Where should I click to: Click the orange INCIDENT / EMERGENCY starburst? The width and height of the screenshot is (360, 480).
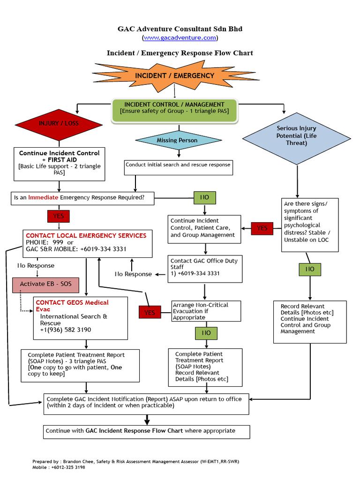coord(174,75)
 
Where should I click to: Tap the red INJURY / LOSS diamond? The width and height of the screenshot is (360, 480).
coord(59,124)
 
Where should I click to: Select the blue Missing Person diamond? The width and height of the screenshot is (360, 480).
coord(177,140)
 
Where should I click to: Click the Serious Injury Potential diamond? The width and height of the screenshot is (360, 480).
coord(296,135)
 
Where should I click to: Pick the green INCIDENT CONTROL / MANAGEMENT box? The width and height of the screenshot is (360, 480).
coord(174,108)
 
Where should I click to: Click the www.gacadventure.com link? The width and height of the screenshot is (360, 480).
coord(180,37)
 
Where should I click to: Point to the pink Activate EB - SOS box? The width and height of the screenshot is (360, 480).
coord(45,284)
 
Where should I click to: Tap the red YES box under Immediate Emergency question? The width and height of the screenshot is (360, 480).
coord(59,216)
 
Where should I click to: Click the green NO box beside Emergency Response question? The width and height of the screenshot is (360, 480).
coord(204,198)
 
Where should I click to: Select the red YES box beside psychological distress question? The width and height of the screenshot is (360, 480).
coord(262,228)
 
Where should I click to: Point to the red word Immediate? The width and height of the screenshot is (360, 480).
coord(43,198)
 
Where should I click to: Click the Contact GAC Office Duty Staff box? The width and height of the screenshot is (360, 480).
coord(204,268)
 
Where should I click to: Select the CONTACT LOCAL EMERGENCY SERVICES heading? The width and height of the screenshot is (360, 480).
coord(86,235)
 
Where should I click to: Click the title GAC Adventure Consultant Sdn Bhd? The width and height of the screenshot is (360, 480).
coord(180,29)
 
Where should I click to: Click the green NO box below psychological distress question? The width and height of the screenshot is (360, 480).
coord(310,269)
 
